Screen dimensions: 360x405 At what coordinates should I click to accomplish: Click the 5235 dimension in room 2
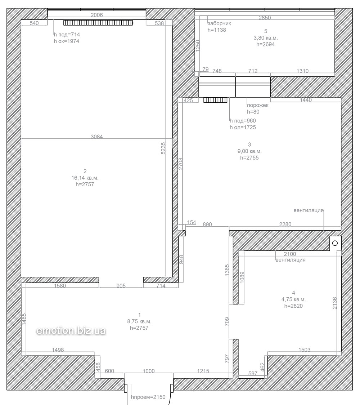163,148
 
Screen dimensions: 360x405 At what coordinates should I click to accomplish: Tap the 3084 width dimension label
97,137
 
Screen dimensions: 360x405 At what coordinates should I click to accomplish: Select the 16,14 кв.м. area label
85,178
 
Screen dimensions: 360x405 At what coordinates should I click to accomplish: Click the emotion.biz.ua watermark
71,331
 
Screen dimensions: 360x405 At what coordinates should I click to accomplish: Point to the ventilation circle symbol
335,243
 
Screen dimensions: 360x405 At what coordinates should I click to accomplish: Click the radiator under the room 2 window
98,23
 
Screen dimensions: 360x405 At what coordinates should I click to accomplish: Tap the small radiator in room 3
215,100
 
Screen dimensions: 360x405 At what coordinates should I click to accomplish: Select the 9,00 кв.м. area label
249,151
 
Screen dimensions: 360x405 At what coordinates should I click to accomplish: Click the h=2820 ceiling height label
293,306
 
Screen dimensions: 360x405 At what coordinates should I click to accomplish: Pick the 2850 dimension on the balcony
265,18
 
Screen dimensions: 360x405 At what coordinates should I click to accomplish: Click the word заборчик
219,23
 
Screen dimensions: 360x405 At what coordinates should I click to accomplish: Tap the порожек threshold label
257,105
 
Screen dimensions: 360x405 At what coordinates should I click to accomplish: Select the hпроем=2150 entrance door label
148,397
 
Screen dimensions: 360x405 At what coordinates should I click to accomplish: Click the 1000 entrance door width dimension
149,371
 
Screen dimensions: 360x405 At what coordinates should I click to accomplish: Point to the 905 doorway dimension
121,286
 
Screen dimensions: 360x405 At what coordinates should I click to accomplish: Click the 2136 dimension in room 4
335,303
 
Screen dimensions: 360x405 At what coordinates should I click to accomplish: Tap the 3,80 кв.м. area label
266,38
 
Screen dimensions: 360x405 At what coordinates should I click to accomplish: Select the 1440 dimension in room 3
306,100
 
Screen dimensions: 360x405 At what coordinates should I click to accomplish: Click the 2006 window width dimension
97,15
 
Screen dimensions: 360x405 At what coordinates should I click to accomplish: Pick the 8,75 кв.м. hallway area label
139,321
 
